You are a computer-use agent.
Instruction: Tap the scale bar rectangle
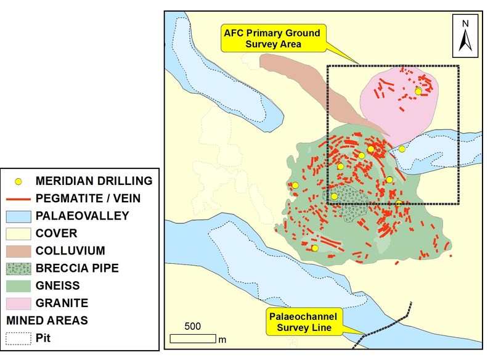pos(193,338)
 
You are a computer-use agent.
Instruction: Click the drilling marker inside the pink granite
pos(418,91)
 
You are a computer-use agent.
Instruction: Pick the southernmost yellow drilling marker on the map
pos(315,248)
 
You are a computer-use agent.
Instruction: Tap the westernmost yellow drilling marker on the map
pos(295,186)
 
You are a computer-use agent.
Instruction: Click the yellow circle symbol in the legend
pos(18,181)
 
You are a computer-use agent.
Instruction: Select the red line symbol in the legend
pos(18,198)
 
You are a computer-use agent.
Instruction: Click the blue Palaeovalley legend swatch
pos(18,216)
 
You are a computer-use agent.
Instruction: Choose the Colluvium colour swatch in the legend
pos(18,251)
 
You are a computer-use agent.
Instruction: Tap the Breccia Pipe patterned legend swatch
pos(18,268)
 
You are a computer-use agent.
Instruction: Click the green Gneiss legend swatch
pos(18,286)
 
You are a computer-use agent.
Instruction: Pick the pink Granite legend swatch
pos(18,303)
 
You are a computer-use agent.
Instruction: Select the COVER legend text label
pos(57,234)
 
